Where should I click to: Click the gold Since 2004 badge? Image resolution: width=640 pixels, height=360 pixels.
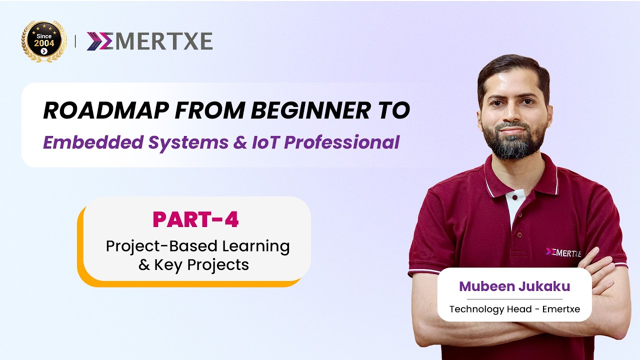coord(44,41)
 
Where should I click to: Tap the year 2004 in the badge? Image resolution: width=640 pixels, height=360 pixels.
coord(44,43)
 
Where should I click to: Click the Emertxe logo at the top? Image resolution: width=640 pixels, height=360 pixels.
coord(150,41)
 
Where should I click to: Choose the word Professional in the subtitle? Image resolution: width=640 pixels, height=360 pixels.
coord(342,142)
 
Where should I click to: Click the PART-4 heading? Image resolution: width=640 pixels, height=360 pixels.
coord(195,220)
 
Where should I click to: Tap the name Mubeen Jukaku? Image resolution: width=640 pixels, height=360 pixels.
coord(514,286)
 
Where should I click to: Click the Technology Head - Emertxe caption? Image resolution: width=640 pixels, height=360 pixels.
coord(514,309)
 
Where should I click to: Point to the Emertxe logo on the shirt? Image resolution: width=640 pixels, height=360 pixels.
coord(563,253)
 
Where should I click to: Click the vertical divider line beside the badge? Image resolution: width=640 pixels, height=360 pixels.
coord(75,41)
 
